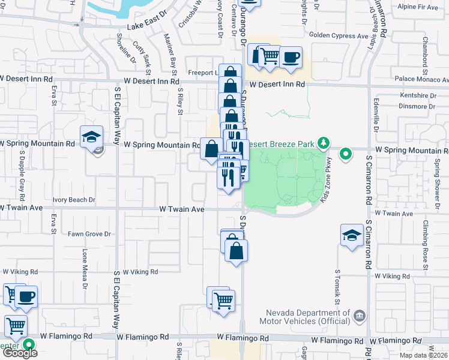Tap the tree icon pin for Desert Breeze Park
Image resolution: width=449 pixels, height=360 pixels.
tap(325, 142)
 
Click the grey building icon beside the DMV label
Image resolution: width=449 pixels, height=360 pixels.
tap(358, 316)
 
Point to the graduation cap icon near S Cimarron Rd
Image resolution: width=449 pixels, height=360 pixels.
tap(352, 235)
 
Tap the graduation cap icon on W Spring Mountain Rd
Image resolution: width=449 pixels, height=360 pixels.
tap(92, 136)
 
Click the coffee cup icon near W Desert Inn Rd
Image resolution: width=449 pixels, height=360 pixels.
tap(291, 58)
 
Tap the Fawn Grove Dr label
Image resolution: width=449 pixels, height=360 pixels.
tap(89, 234)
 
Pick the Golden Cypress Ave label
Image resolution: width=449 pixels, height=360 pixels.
tap(339, 36)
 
